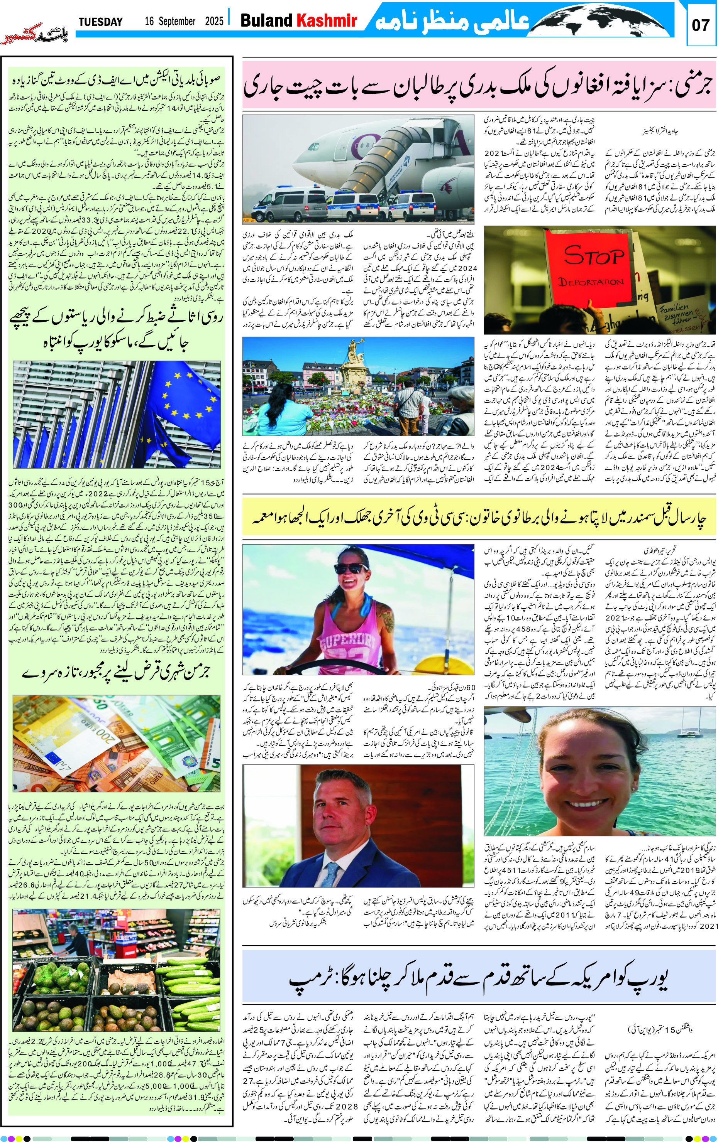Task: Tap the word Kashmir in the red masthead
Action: point(327,21)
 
